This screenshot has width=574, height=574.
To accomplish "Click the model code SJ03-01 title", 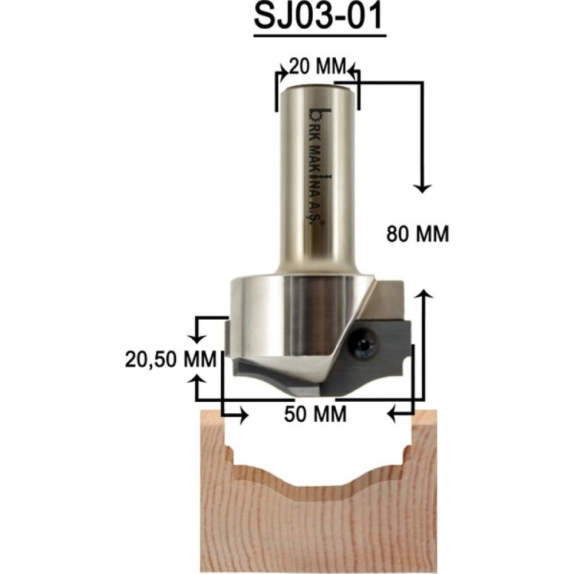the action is point(319,17).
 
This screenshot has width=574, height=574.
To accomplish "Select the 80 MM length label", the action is point(418,234).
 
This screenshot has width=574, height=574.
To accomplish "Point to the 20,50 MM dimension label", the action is point(171,359).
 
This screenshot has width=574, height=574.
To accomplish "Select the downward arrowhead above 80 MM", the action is point(423,188).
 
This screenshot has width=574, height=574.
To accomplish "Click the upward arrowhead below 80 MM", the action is point(424,293).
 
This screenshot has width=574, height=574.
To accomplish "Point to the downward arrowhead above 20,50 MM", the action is point(197,339).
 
